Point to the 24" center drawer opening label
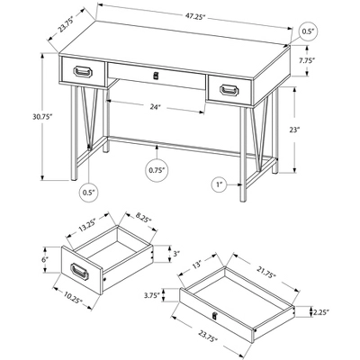(155, 107)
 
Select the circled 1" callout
(218, 184)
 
